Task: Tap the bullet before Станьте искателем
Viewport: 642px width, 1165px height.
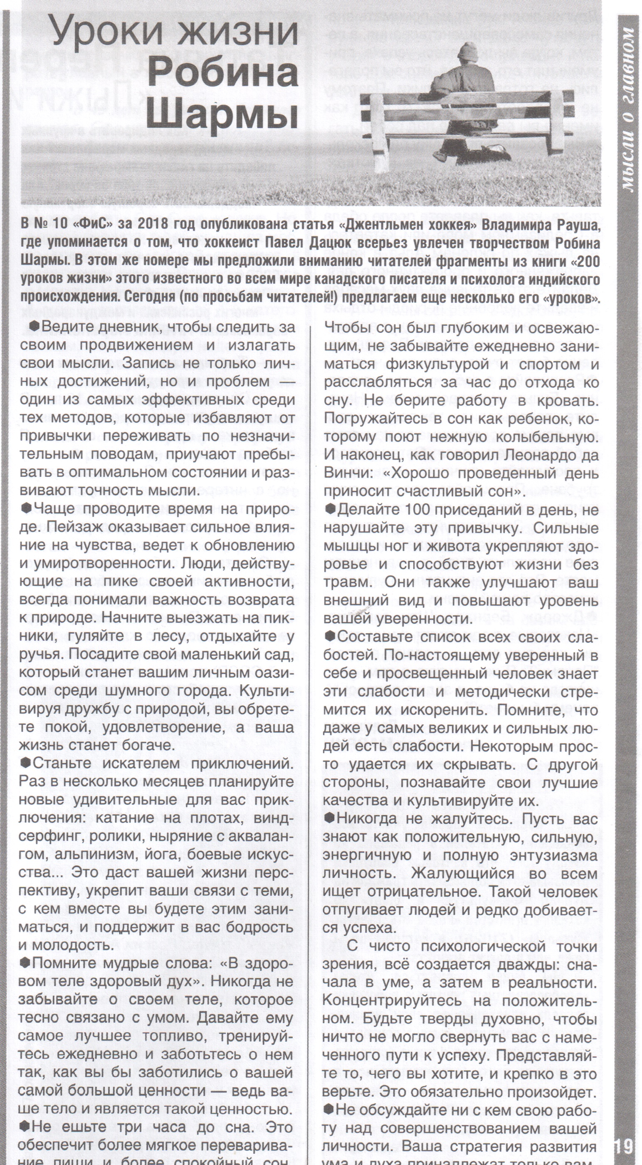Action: (25, 763)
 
